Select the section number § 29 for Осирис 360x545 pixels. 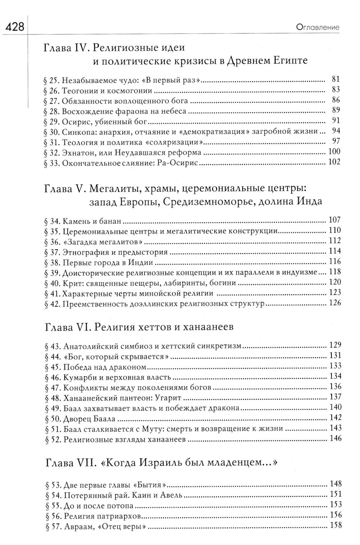tap(51, 121)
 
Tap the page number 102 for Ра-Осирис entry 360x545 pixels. tap(334, 163)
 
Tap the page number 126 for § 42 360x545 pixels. tap(334, 304)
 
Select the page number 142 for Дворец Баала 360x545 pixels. tap(334, 418)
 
